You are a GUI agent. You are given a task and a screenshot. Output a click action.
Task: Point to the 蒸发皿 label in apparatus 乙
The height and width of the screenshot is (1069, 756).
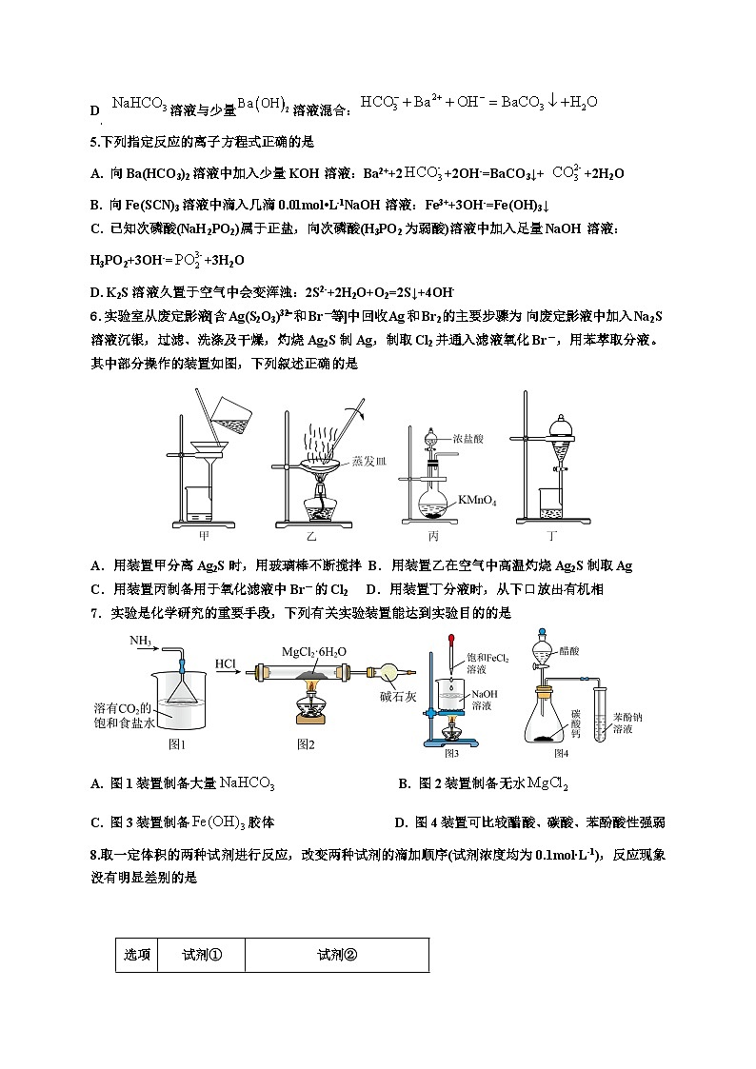pos(369,461)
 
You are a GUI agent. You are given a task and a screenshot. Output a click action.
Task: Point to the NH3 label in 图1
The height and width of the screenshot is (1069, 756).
pos(141,642)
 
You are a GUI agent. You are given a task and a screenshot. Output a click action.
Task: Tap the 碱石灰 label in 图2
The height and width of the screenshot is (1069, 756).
pos(400,696)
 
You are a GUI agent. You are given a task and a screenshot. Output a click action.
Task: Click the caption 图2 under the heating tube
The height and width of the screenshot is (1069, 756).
pos(307,742)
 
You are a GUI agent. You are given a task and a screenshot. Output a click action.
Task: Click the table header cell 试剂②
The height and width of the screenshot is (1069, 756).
pos(336,955)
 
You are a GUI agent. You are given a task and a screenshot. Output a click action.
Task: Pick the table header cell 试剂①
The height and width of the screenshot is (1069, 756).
pos(202,955)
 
